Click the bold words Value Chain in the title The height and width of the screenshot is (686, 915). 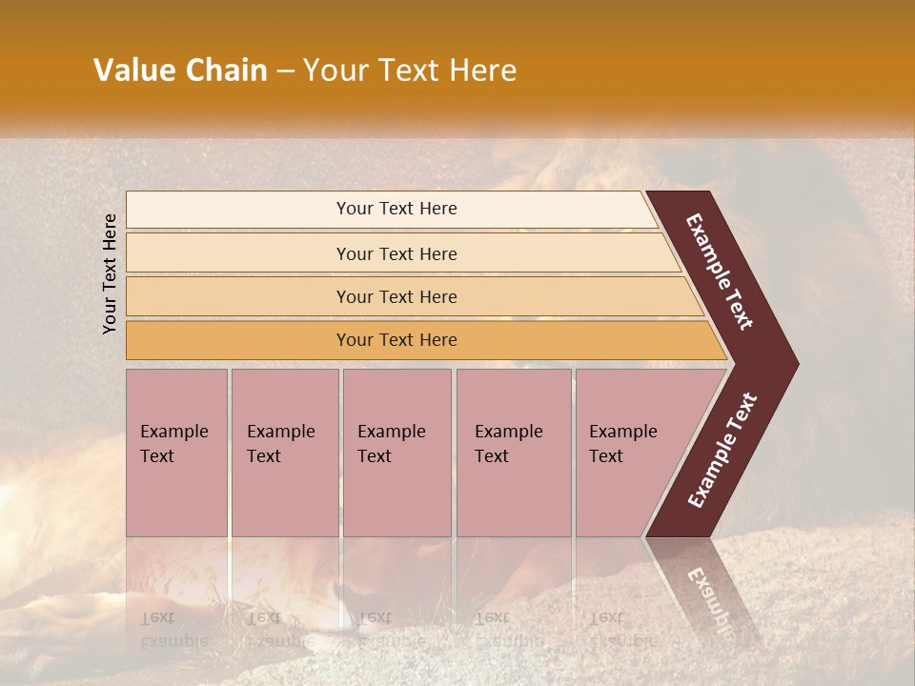[180, 71]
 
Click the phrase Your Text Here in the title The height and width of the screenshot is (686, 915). [410, 71]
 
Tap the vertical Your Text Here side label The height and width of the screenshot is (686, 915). [110, 273]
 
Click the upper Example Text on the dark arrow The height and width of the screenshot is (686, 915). [720, 272]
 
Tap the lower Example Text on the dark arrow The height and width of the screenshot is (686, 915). [722, 451]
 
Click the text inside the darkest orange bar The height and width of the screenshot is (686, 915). [396, 340]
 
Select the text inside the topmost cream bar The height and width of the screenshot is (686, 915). [396, 209]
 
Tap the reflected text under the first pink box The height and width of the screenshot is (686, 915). [173, 630]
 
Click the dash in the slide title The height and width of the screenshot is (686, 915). [285, 71]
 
